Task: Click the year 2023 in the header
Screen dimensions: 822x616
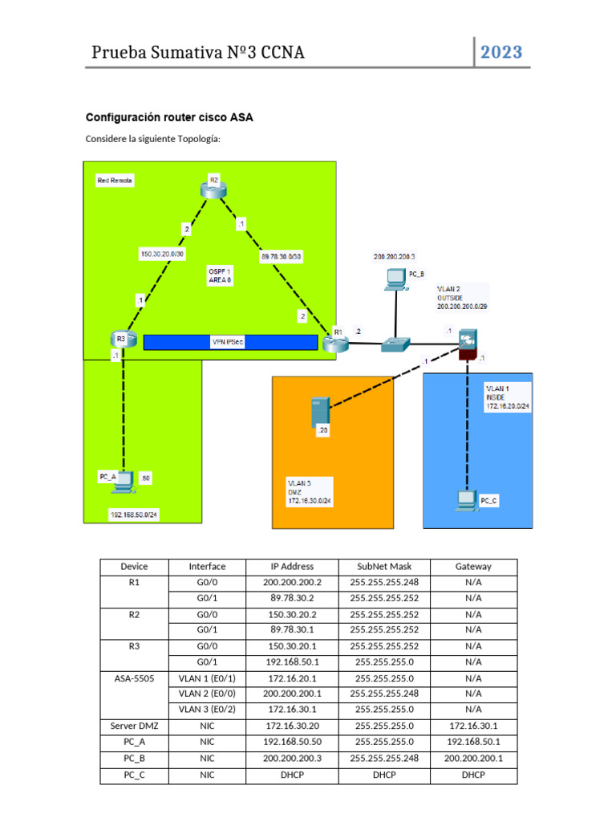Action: [501, 53]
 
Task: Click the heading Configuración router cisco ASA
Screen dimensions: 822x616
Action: [169, 117]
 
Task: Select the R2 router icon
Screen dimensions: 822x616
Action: [214, 189]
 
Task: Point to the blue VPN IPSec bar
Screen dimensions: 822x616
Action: [229, 342]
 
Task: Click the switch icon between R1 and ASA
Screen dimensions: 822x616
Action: [395, 344]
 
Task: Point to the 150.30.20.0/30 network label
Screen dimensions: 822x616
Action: [162, 254]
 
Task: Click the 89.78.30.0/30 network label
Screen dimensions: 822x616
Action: [282, 257]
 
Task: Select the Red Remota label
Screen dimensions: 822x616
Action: [115, 181]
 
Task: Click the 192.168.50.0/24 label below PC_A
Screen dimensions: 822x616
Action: [134, 515]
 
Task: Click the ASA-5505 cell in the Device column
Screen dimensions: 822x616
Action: [134, 678]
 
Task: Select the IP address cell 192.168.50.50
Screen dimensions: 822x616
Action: [293, 741]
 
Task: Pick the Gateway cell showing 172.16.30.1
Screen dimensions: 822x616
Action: [473, 725]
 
